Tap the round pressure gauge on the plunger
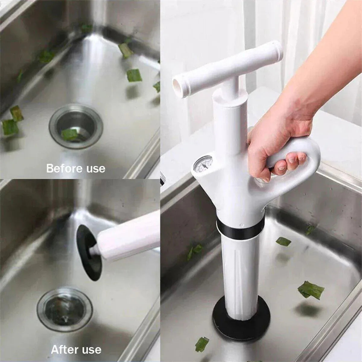(203, 164)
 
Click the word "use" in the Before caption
(96, 169)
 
